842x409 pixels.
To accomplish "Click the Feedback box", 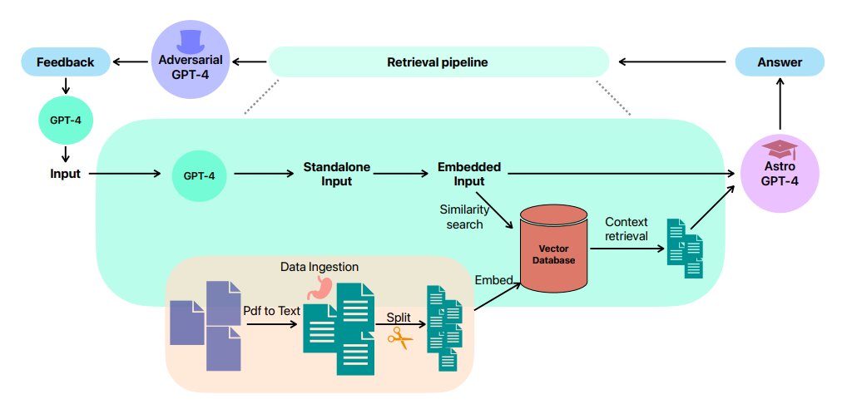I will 64,62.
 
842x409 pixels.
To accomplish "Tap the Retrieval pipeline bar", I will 438,62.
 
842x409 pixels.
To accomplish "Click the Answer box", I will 779,62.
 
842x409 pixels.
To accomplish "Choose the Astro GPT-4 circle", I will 780,174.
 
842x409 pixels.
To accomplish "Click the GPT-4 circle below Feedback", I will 66,121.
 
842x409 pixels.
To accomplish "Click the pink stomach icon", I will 318,288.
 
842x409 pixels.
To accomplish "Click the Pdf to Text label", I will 271,311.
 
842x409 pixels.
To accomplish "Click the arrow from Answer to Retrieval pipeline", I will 673,62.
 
